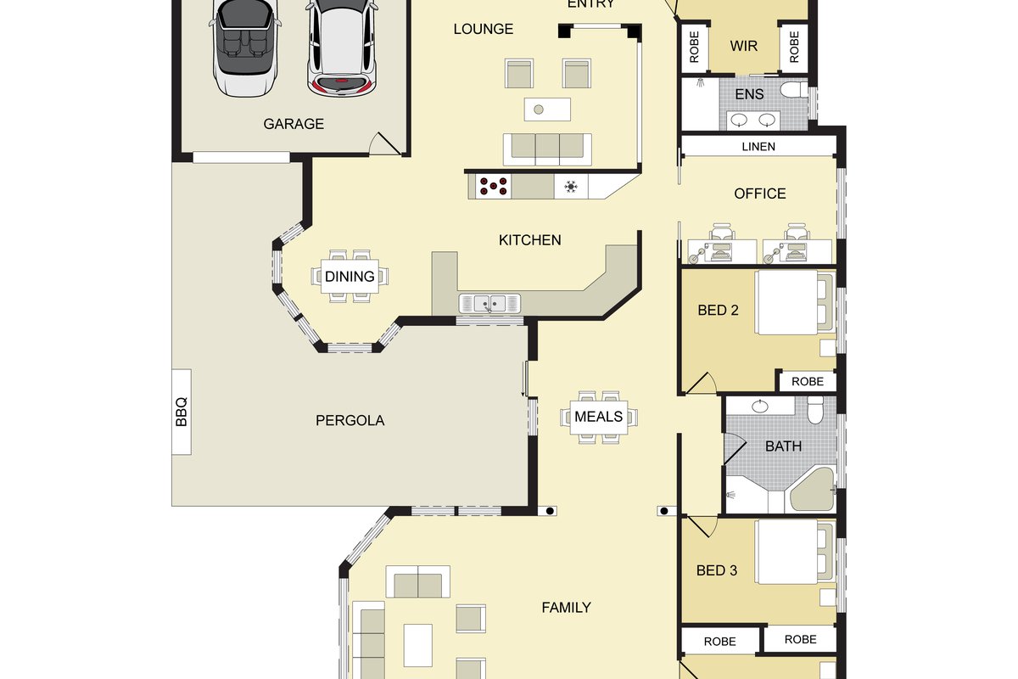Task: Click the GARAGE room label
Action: click(x=294, y=124)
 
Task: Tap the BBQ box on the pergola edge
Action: click(x=182, y=412)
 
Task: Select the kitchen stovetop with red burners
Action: click(x=493, y=187)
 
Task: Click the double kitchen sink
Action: click(x=489, y=303)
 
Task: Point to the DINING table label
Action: click(x=350, y=277)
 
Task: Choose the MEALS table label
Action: click(x=599, y=417)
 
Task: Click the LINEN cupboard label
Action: click(x=758, y=147)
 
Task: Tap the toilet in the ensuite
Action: click(x=794, y=90)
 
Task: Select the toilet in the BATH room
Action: click(x=815, y=410)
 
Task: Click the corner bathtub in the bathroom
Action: click(x=812, y=490)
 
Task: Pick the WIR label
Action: click(x=743, y=46)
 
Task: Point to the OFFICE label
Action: click(x=760, y=194)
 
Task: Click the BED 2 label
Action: click(x=718, y=310)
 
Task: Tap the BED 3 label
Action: click(x=717, y=570)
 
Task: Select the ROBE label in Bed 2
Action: click(x=808, y=382)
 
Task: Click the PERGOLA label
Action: click(x=350, y=421)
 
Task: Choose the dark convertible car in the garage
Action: click(x=245, y=46)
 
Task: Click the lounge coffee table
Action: click(x=547, y=109)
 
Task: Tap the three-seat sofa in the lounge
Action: click(x=547, y=149)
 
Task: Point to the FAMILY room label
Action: click(x=567, y=608)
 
